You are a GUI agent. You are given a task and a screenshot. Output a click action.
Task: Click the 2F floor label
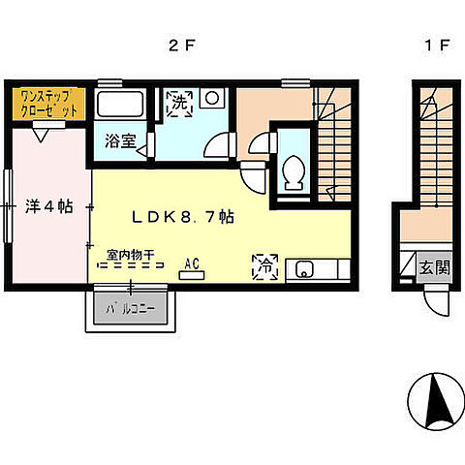tap(177, 46)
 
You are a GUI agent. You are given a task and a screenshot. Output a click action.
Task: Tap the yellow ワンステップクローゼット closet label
tap(46, 104)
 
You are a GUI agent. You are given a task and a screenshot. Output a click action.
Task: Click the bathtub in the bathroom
tap(121, 107)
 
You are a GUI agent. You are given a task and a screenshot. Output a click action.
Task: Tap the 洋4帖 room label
tap(47, 206)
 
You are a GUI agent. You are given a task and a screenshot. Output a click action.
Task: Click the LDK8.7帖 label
tap(183, 217)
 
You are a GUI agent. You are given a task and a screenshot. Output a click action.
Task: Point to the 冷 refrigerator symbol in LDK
tap(263, 264)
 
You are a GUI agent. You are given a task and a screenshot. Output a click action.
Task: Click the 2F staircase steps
tap(332, 136)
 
